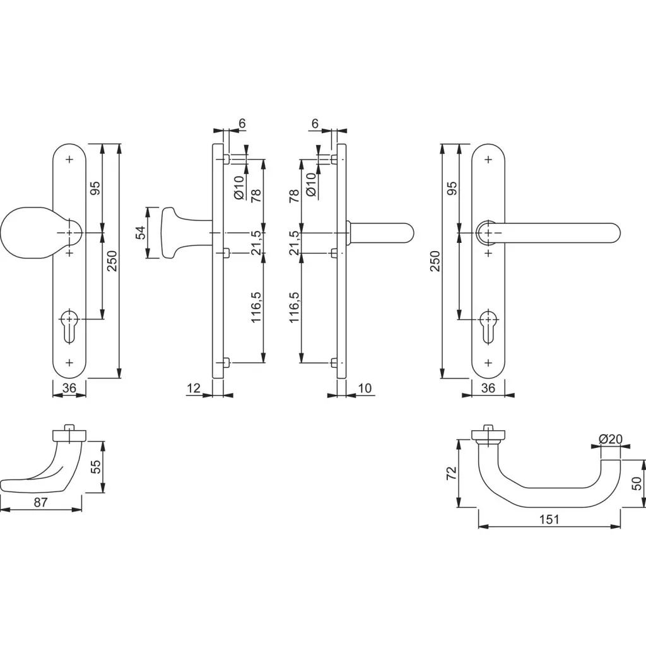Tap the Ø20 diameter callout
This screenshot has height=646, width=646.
[611, 439]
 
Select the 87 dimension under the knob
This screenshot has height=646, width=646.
[41, 502]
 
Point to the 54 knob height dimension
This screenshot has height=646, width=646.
[141, 233]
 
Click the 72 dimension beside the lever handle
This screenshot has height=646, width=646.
[452, 473]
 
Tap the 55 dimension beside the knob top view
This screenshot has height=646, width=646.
[96, 466]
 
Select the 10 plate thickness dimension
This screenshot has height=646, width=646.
[365, 388]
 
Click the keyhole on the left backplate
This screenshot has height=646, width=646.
[69, 325]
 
